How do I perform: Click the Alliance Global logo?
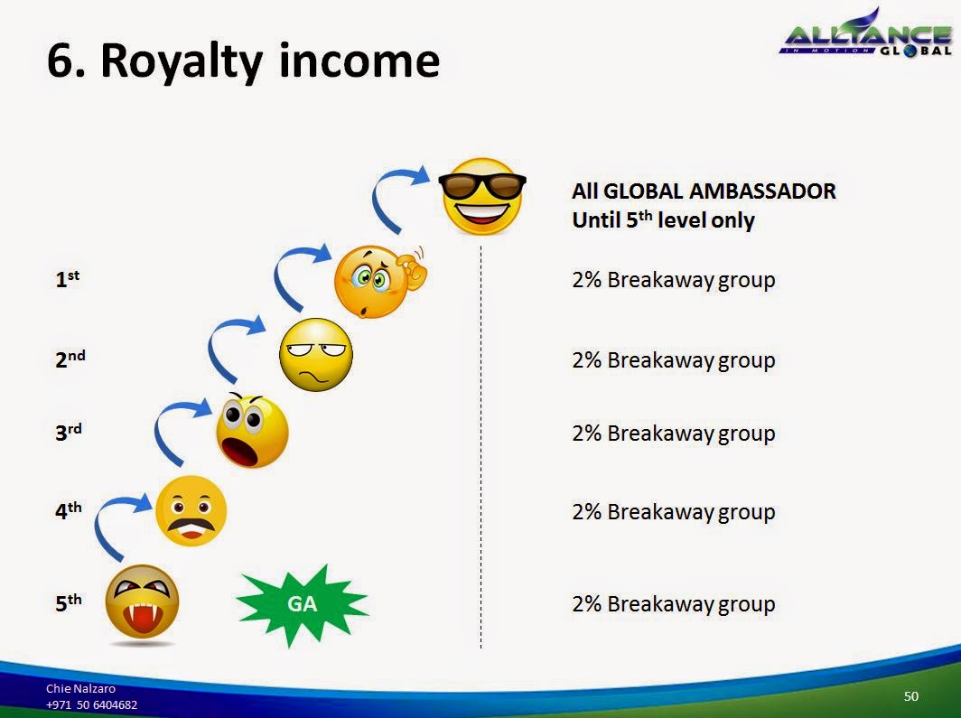tap(865, 36)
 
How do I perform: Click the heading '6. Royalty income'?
tap(243, 61)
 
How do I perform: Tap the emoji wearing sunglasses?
tap(482, 196)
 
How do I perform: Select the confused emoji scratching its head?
tap(375, 281)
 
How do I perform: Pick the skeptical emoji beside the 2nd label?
tap(315, 354)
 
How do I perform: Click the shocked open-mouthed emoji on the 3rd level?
tap(252, 431)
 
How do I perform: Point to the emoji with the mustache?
tap(191, 510)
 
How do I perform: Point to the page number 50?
tap(910, 695)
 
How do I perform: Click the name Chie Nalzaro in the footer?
tap(81, 688)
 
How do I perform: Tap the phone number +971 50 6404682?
tap(92, 704)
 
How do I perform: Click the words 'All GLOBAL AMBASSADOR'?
tap(704, 191)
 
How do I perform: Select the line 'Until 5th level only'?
tap(663, 220)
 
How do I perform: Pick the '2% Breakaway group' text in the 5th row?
tap(673, 604)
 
